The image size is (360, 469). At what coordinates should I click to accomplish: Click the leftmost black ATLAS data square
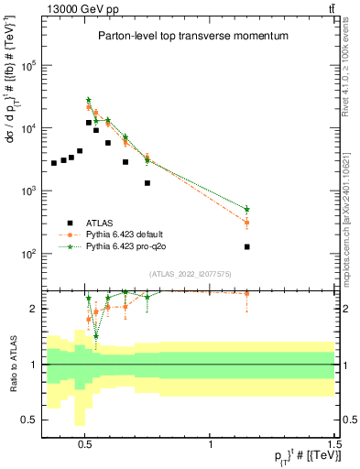coord(54,163)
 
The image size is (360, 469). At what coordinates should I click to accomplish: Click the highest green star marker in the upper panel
coord(89,100)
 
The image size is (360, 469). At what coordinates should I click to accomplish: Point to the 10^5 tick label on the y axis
coord(28,66)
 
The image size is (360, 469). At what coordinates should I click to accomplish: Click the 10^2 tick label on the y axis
coord(28,254)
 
